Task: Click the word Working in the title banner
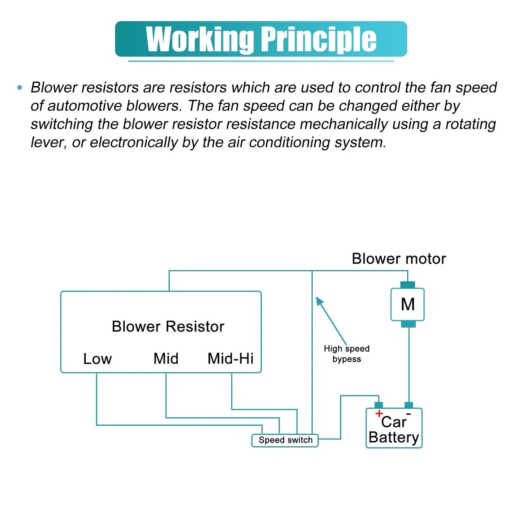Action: pos(200,39)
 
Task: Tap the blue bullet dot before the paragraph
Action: pos(20,87)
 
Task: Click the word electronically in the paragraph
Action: pos(134,142)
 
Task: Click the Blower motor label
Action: pos(399,259)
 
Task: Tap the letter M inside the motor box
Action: pos(408,304)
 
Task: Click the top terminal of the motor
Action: pos(408,285)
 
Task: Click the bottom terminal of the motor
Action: pos(409,324)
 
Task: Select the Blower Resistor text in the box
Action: pos(168,327)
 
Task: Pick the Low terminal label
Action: pos(97,359)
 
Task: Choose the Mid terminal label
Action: pos(166,358)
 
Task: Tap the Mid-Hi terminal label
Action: pos(230,358)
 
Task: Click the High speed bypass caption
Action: pos(347,354)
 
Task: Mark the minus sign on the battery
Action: pos(409,414)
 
